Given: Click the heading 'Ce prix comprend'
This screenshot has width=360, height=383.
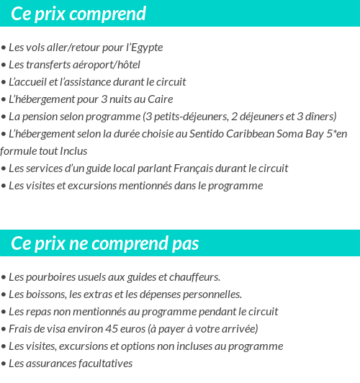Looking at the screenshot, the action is point(78,14).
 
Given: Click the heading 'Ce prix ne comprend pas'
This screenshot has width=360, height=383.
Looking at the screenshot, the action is point(104,243).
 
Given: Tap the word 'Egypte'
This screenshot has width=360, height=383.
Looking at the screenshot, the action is point(145,48).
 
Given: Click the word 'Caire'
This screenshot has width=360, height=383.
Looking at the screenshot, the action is point(159,99).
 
